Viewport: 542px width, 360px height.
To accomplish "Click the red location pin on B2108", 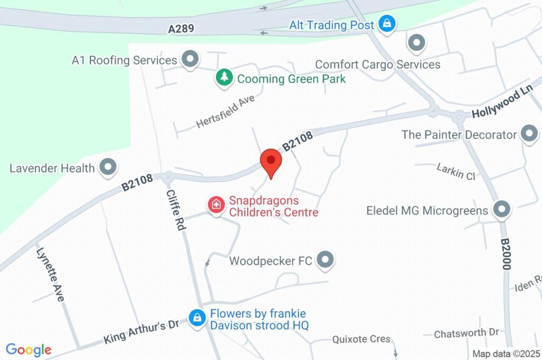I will tap(271, 161).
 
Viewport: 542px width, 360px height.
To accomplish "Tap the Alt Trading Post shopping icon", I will tap(387, 24).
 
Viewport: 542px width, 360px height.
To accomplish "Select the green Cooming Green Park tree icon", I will tap(224, 78).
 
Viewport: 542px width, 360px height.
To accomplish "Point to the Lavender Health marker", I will tap(109, 167).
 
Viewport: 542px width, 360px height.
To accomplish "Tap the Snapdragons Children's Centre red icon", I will tap(216, 204).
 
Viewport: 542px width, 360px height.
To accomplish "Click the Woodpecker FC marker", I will tap(326, 259).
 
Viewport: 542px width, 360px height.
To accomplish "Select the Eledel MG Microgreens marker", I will tap(501, 210).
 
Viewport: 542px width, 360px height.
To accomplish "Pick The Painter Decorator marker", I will tap(529, 134).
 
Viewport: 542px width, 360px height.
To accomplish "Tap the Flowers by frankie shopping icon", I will tap(197, 318).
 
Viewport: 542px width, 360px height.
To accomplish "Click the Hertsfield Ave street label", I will tap(225, 111).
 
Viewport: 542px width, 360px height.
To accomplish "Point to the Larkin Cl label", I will tap(456, 172).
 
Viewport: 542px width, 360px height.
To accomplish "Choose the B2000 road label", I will tap(506, 254).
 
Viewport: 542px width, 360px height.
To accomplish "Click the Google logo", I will tap(29, 349).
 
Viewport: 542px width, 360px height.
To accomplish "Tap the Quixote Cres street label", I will tap(362, 339).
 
